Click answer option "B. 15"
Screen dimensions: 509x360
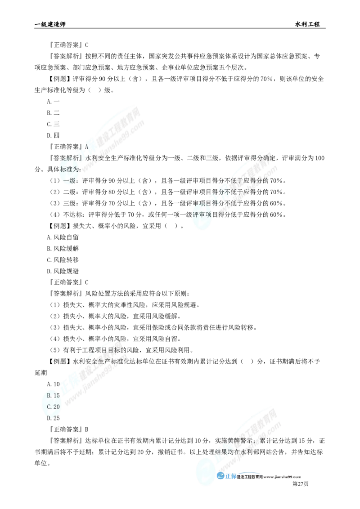pyautogui.click(x=53, y=395)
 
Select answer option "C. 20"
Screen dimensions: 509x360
pyautogui.click(x=53, y=406)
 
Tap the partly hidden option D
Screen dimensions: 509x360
pyautogui.click(x=51, y=417)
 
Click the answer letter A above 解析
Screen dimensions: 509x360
pyautogui.click(x=85, y=147)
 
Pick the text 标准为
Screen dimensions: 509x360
pyautogui.click(x=67, y=170)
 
